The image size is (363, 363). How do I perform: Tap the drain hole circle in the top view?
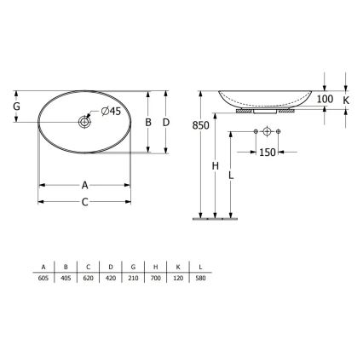click(x=85, y=123)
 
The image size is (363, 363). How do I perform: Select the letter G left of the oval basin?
click(x=16, y=107)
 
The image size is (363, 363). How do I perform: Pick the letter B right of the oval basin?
click(x=148, y=123)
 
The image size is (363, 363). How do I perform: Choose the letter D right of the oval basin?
click(x=166, y=123)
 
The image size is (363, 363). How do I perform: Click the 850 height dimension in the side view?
click(x=200, y=125)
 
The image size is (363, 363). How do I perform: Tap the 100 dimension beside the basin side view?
click(x=325, y=100)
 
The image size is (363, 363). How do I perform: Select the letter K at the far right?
click(x=346, y=100)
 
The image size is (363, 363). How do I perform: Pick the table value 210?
click(x=134, y=278)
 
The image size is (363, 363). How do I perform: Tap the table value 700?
click(x=156, y=278)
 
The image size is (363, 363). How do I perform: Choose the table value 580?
click(x=200, y=278)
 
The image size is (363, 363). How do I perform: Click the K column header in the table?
click(x=178, y=267)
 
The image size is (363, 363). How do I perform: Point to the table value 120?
click(x=178, y=278)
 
